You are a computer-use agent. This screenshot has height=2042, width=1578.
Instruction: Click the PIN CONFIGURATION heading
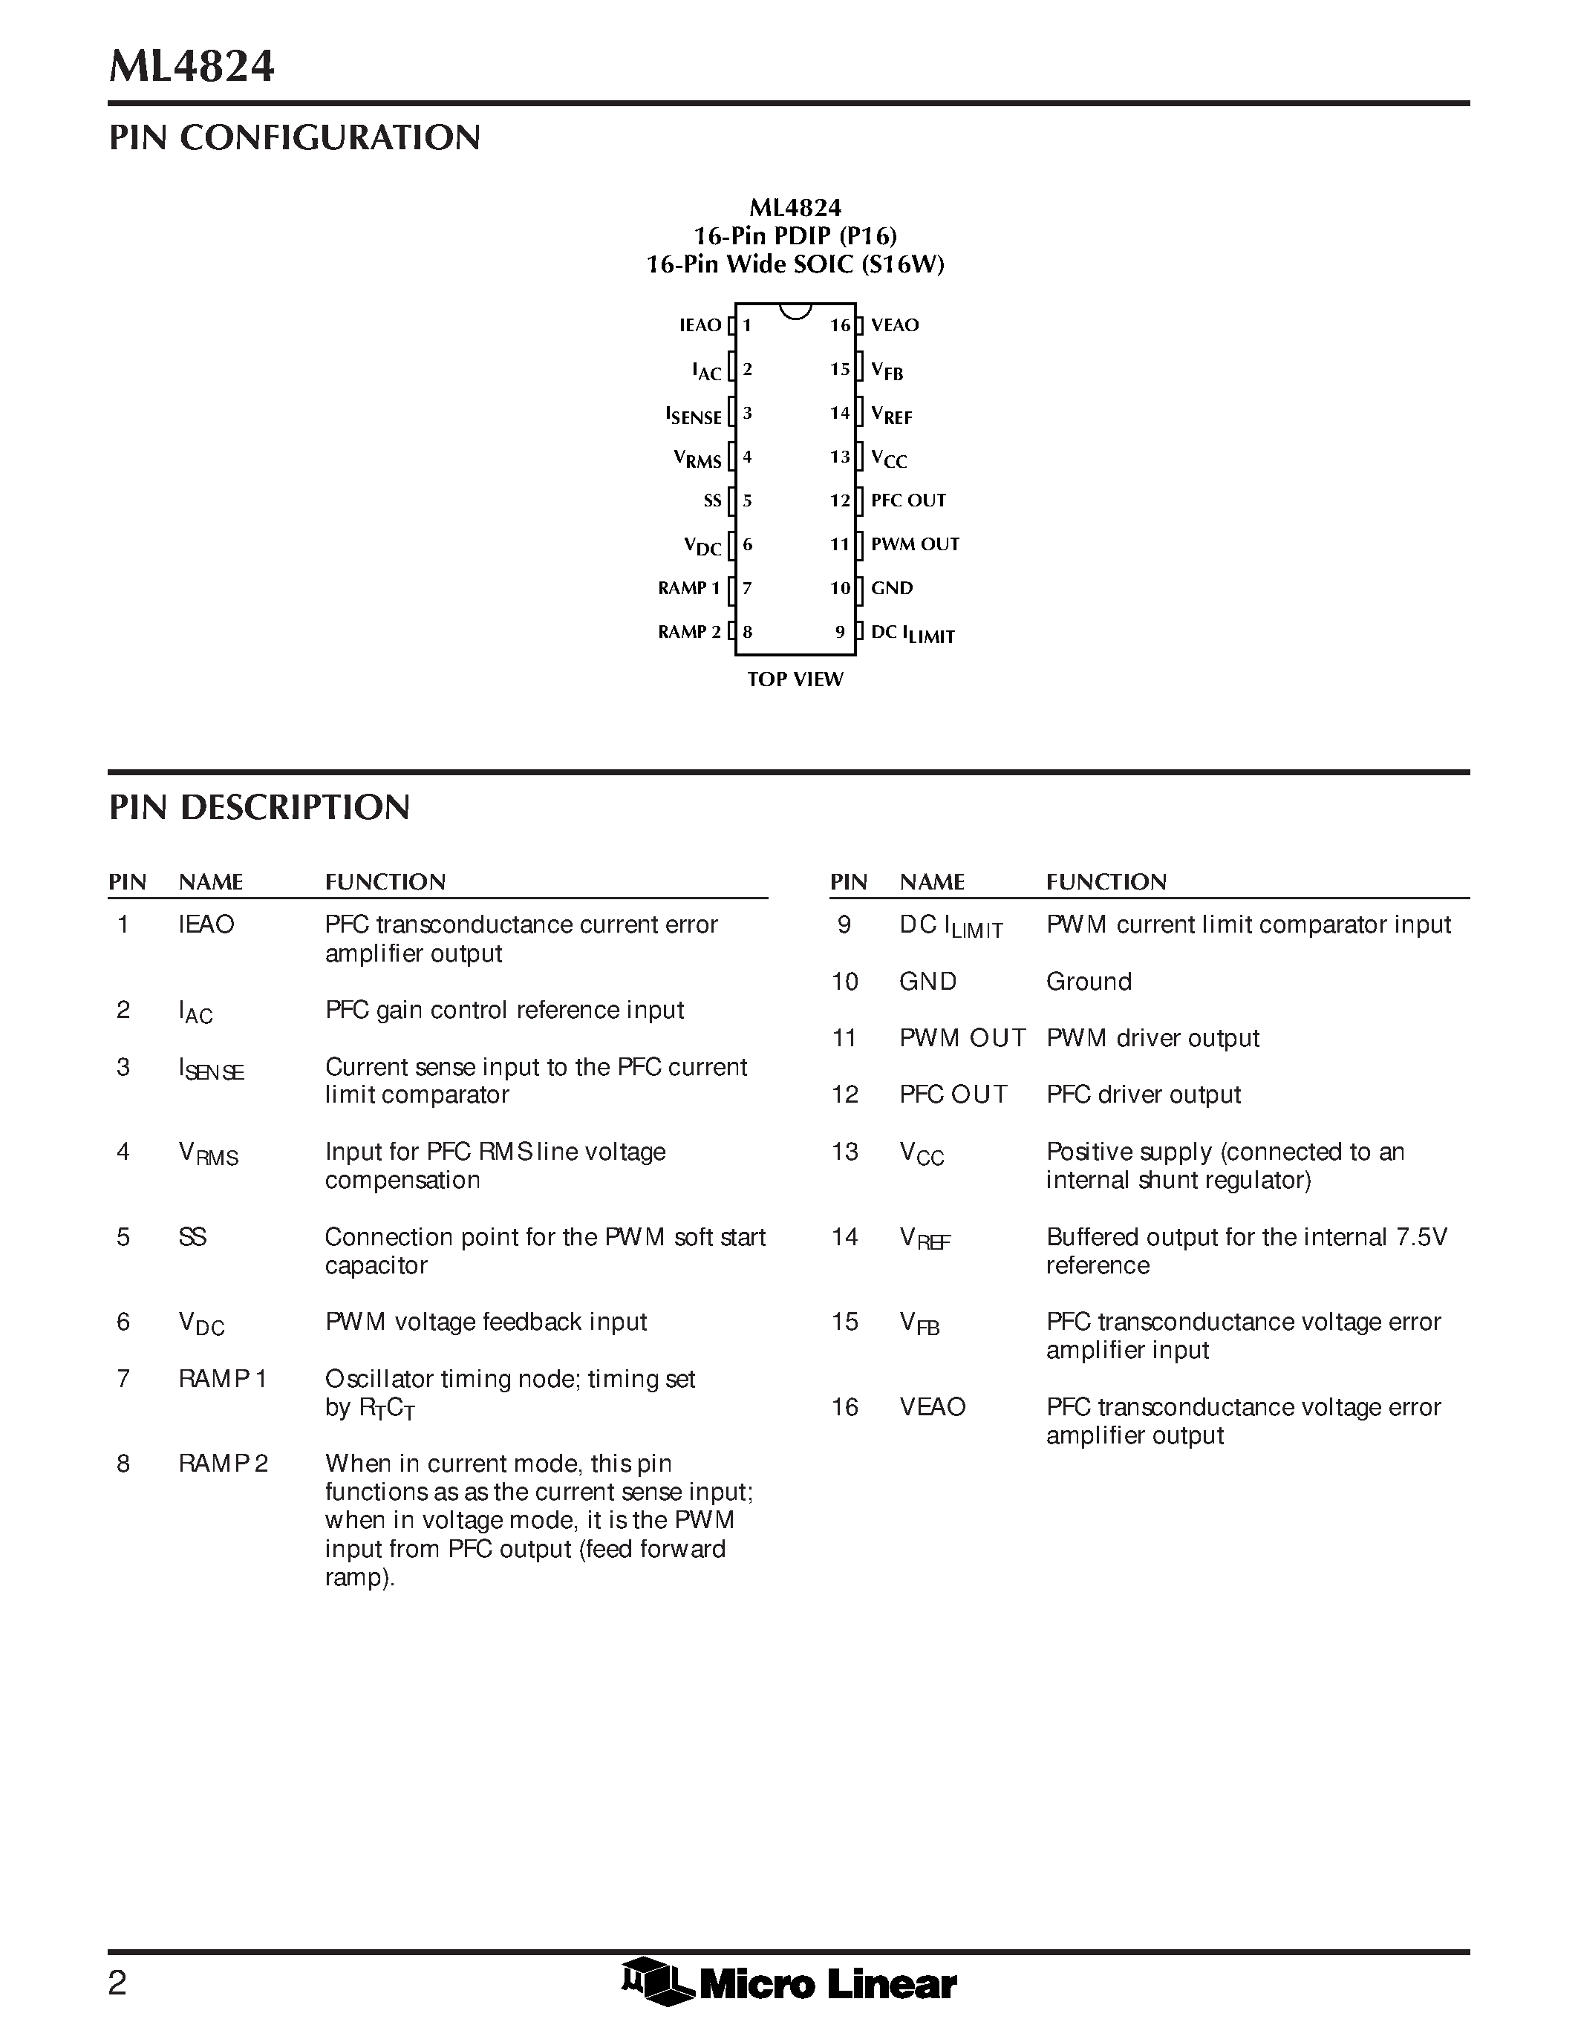[x=295, y=137]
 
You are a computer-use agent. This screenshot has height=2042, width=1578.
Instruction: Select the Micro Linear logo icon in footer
[x=655, y=1980]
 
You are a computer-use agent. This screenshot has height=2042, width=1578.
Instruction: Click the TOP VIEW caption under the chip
[x=795, y=679]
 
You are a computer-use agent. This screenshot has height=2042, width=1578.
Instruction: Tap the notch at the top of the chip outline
[x=795, y=310]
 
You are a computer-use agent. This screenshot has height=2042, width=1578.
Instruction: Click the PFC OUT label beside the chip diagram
[x=907, y=500]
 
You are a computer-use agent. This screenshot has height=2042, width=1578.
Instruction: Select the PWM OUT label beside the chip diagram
[x=914, y=544]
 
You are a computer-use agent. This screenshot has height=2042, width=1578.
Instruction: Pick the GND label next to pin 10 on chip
[x=892, y=588]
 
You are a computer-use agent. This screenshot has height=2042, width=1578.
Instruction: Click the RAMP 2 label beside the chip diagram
[x=689, y=632]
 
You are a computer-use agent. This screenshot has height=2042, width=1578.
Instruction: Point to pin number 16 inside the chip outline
[x=839, y=325]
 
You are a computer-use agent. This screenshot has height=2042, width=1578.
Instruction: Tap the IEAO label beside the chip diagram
[x=700, y=325]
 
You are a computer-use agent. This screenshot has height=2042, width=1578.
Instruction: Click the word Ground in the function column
[x=1088, y=982]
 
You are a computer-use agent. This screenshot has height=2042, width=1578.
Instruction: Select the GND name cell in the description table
[x=927, y=982]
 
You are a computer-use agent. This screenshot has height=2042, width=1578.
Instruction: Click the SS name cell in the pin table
[x=192, y=1237]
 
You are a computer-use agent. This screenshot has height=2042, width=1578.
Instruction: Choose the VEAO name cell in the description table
[x=932, y=1407]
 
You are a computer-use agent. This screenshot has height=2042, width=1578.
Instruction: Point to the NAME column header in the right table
[x=931, y=881]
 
